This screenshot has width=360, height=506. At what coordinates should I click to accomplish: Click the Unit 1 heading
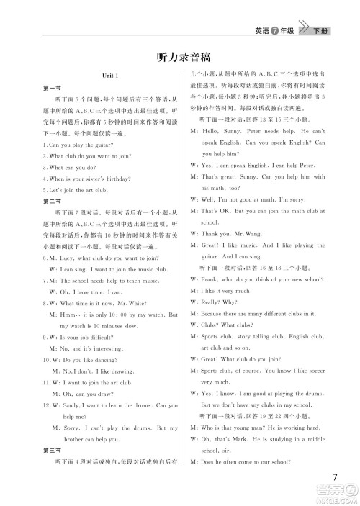pos(110,76)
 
